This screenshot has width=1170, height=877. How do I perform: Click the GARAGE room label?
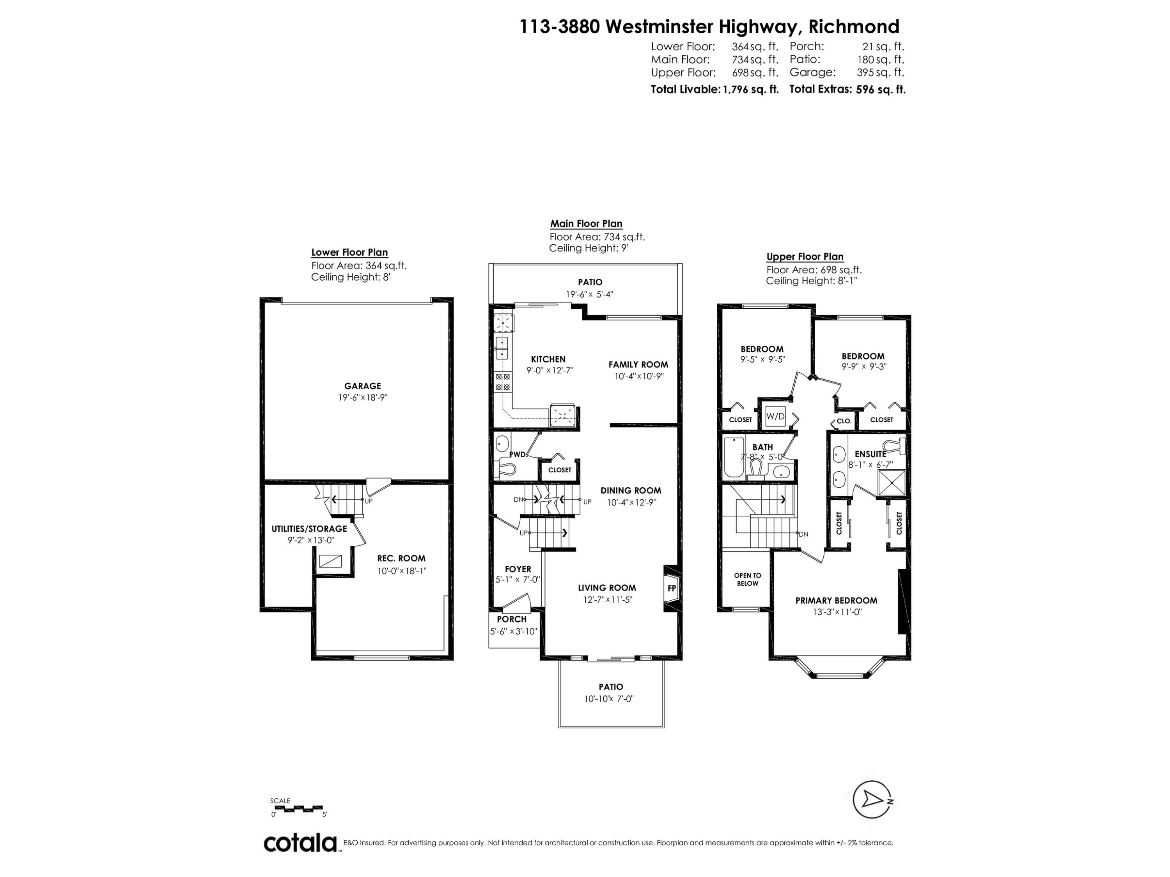[362, 386]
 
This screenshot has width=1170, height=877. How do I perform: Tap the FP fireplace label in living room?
[672, 588]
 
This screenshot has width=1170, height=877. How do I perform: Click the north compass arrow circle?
[870, 799]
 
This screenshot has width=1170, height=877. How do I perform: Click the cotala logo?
[300, 843]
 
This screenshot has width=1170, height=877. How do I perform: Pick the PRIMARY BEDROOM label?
[836, 601]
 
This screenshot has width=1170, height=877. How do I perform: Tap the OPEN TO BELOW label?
[747, 579]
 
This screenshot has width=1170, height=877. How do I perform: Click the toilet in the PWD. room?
[507, 468]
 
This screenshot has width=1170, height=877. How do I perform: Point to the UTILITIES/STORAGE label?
[309, 529]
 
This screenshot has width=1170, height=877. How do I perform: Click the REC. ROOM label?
[401, 558]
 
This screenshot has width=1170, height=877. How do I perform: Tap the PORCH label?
[511, 619]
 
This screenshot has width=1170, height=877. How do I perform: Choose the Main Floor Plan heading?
[586, 224]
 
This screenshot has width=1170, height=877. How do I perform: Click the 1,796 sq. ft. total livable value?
[751, 89]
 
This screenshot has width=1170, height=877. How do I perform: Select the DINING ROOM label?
[631, 491]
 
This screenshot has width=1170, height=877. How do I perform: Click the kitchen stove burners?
[502, 382]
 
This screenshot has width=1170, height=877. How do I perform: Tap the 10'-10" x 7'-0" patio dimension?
[609, 699]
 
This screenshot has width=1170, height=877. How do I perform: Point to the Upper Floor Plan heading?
[805, 257]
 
